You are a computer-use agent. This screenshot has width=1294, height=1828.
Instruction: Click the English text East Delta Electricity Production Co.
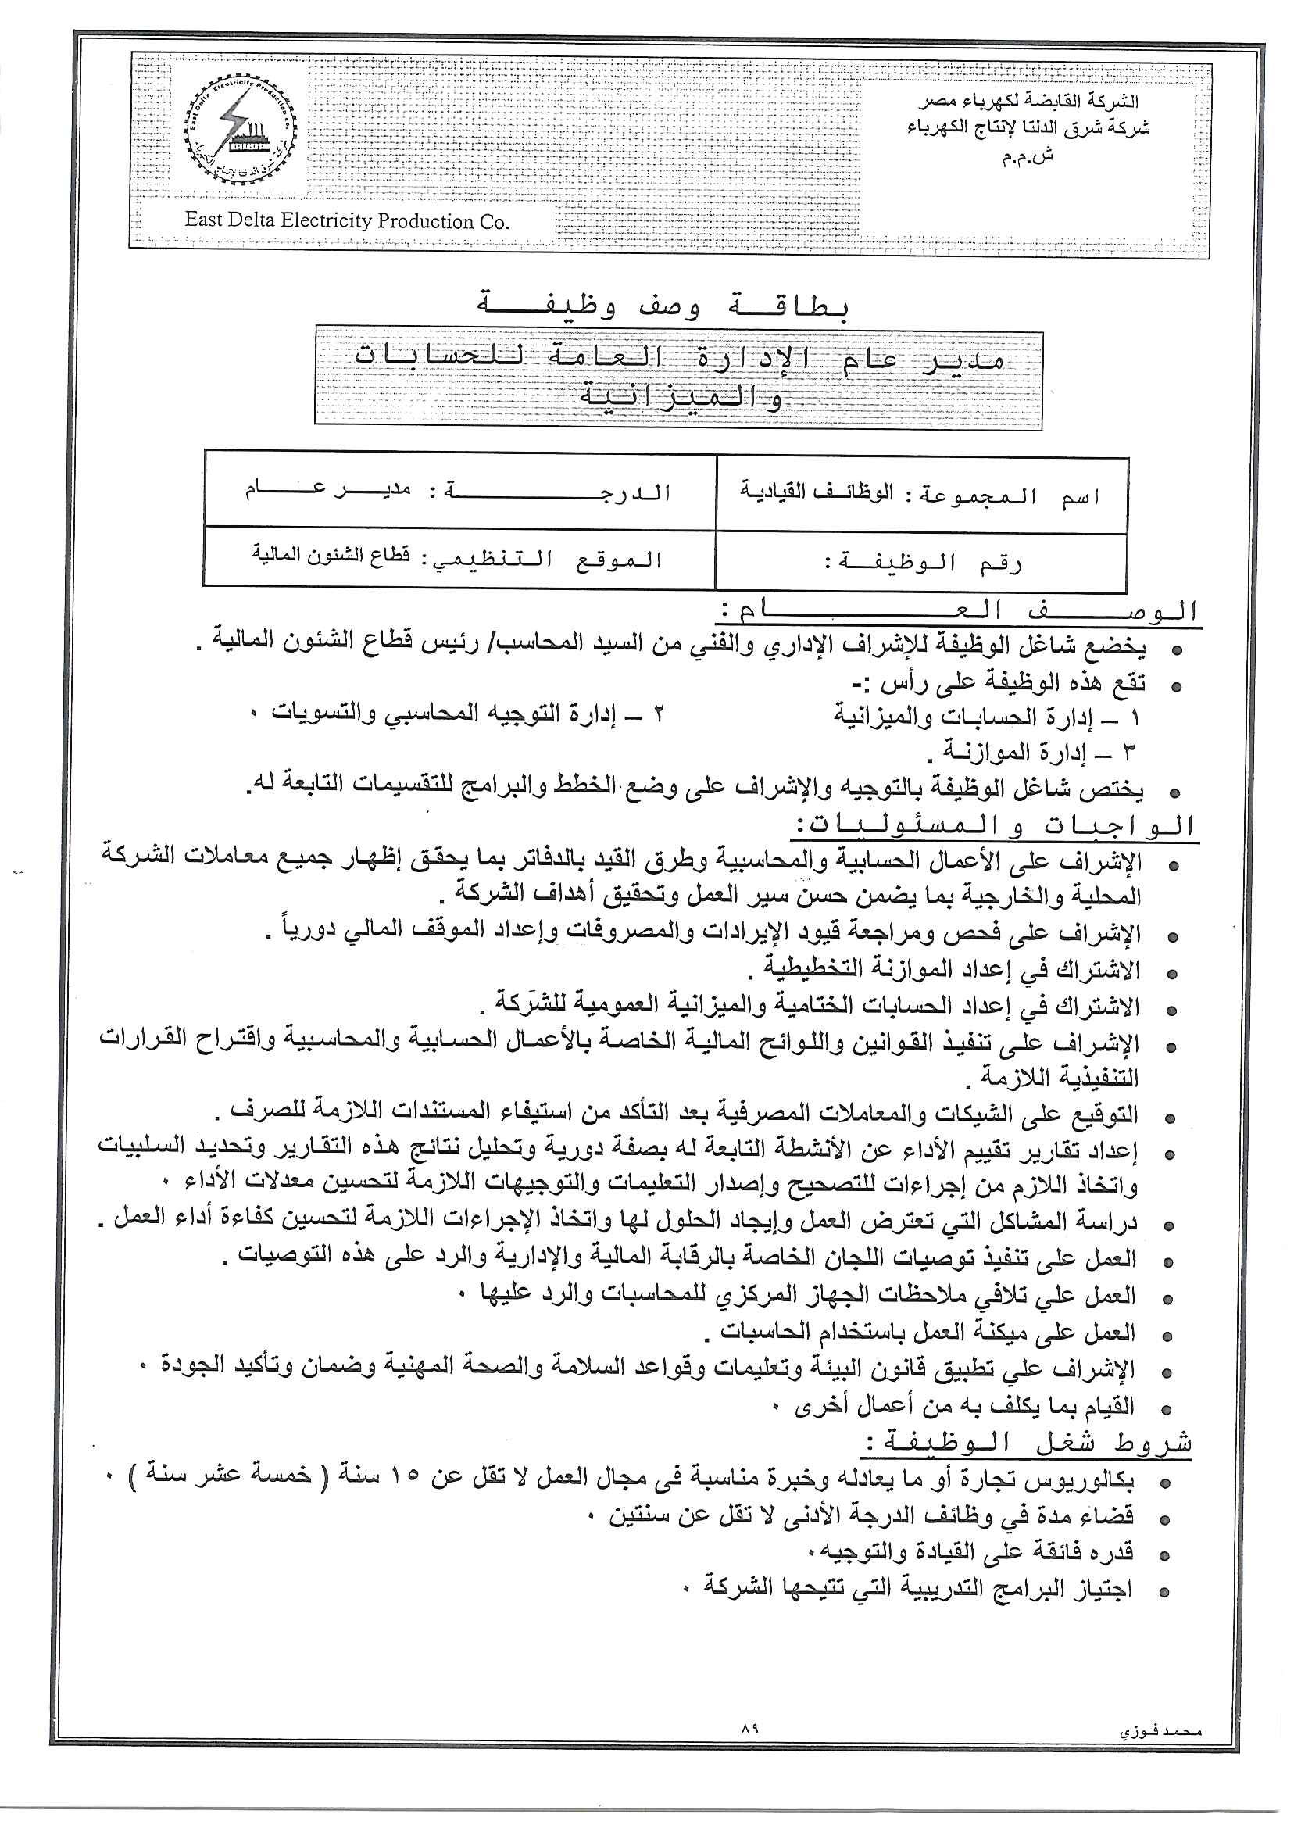point(347,220)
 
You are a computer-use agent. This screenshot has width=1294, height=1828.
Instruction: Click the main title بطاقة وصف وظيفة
point(663,306)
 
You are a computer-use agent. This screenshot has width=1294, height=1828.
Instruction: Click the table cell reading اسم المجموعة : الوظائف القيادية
point(920,495)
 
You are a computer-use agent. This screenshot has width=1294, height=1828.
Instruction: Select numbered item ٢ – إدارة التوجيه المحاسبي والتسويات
point(466,714)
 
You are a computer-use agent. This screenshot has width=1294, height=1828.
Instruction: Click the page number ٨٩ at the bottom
point(749,1728)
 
